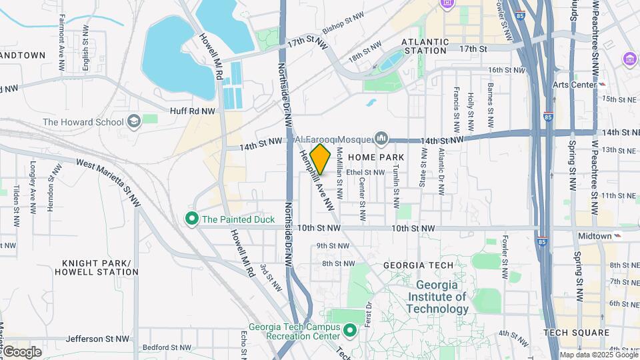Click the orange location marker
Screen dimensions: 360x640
[x=320, y=159]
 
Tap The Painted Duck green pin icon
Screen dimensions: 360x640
[x=192, y=219]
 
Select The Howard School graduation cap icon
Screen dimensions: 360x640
[x=134, y=121]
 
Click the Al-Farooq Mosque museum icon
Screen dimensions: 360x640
[x=381, y=138]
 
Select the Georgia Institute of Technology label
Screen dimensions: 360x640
[x=437, y=297]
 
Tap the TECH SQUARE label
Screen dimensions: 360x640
[x=576, y=332]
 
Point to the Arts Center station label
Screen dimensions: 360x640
[x=574, y=85]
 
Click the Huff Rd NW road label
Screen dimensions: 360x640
[x=193, y=111]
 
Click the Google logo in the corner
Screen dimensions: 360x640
[x=21, y=351]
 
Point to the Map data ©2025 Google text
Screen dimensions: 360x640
[x=598, y=355]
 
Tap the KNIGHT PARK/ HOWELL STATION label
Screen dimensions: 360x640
[x=100, y=267]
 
